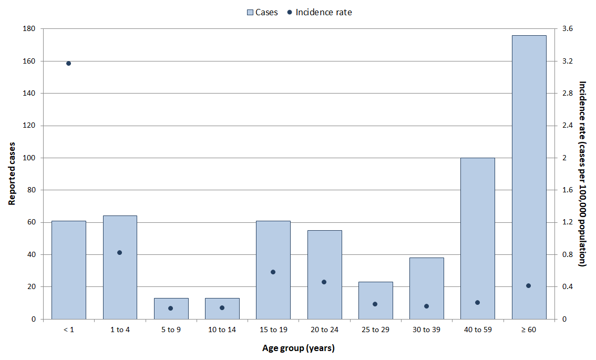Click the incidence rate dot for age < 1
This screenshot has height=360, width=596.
(x=68, y=64)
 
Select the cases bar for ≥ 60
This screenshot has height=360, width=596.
(x=529, y=177)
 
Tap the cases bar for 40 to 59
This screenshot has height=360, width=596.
(x=477, y=239)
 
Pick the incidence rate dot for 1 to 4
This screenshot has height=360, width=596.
(x=120, y=252)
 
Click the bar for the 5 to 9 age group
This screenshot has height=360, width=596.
(x=171, y=308)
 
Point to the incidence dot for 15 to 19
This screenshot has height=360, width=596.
(x=273, y=272)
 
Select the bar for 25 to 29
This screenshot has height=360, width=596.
(x=376, y=300)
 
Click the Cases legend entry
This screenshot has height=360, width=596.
(x=262, y=12)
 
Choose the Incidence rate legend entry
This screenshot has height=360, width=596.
(x=320, y=12)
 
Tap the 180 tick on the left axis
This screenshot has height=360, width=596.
(x=29, y=28)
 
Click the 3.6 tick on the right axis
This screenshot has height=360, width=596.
(x=568, y=28)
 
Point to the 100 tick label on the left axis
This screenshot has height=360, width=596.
(x=29, y=158)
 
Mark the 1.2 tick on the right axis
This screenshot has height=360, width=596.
(x=568, y=222)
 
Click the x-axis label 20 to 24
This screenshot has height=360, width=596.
(x=324, y=330)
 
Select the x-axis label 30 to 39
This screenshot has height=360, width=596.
(x=426, y=330)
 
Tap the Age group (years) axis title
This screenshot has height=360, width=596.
(x=299, y=348)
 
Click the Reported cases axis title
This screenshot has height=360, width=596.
(x=12, y=174)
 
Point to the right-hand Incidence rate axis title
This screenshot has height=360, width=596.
(x=582, y=174)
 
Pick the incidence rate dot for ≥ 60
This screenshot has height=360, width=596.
(x=528, y=286)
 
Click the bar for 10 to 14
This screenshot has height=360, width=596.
(x=222, y=308)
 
